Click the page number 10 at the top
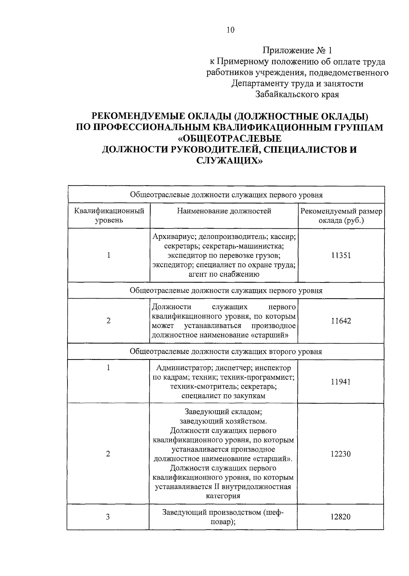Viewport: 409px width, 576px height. pyautogui.click(x=230, y=30)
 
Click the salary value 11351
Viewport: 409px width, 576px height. pyautogui.click(x=341, y=255)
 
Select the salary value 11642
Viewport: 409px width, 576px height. pyautogui.click(x=341, y=321)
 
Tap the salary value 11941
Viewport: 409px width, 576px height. pyautogui.click(x=341, y=382)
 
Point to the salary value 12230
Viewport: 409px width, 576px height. pyautogui.click(x=341, y=454)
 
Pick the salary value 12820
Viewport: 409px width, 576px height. pyautogui.click(x=340, y=517)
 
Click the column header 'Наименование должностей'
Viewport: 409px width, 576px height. pyautogui.click(x=224, y=211)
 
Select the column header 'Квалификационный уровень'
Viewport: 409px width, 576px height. pyautogui.click(x=109, y=215)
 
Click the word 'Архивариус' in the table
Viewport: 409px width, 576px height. pyautogui.click(x=173, y=236)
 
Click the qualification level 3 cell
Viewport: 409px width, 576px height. pyautogui.click(x=108, y=517)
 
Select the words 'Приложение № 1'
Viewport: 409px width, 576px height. pyautogui.click(x=297, y=51)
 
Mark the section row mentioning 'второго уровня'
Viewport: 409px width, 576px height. pyautogui.click(x=226, y=351)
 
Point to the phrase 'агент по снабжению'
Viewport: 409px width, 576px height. pyautogui.click(x=224, y=274)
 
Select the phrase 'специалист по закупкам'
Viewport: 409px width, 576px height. pyautogui.click(x=223, y=396)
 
